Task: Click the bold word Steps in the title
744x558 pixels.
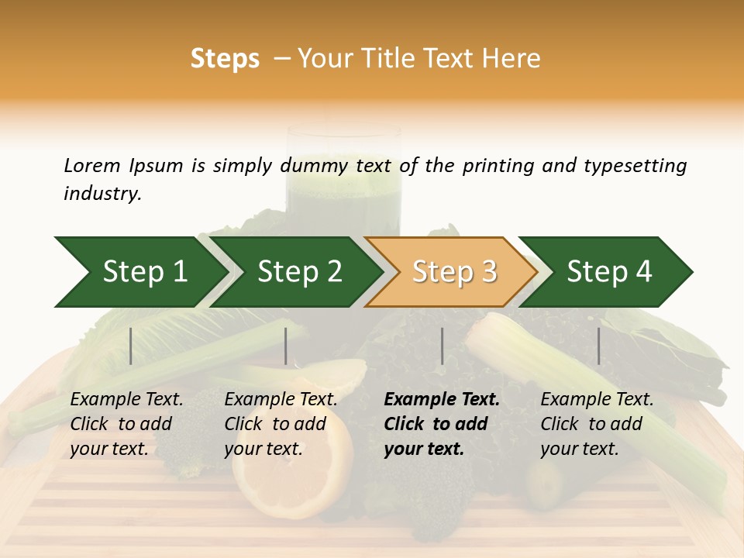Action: [x=225, y=59]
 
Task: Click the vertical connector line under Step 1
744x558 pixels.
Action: [x=131, y=346]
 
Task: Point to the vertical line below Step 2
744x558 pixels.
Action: [x=286, y=346]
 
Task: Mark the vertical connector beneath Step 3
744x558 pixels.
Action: [x=442, y=346]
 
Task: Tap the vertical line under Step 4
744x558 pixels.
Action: [x=598, y=346]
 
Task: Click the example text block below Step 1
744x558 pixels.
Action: [x=126, y=424]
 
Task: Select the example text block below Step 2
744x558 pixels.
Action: [x=281, y=424]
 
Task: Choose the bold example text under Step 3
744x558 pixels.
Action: [x=441, y=424]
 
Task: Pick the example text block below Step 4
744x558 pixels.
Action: [x=597, y=424]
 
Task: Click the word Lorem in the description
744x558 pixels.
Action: [x=92, y=165]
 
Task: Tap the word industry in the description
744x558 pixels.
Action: [x=102, y=193]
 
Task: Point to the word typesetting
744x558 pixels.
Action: [x=635, y=166]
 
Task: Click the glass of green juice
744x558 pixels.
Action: [x=344, y=182]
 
